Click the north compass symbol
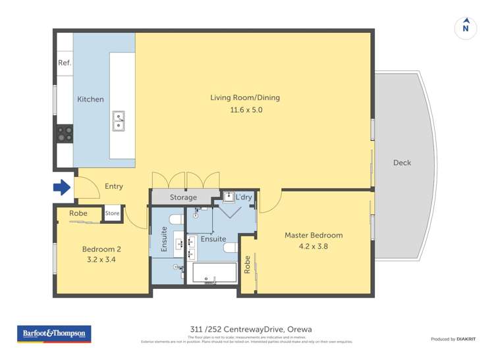[466, 28]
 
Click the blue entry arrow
[61, 188]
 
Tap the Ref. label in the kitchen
[65, 63]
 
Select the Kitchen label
[90, 99]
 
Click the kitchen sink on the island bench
[119, 121]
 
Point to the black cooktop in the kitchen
[65, 134]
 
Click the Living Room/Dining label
[245, 98]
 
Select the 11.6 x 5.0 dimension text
[245, 110]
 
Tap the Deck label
[402, 163]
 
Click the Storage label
[183, 197]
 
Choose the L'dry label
[244, 197]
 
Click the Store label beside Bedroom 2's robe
[112, 213]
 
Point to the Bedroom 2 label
[101, 249]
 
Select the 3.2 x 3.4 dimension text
[101, 261]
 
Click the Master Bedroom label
[314, 235]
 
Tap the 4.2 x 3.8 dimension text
[314, 247]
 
